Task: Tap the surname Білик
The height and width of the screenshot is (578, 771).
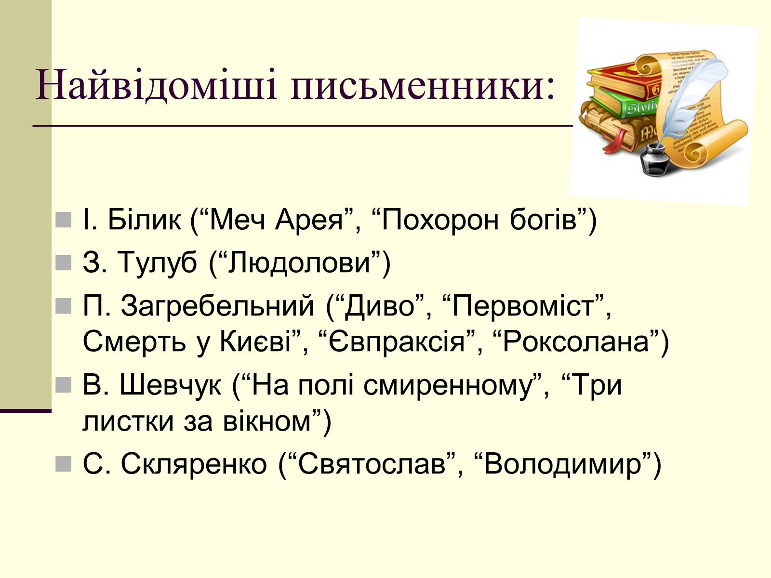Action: coord(144,220)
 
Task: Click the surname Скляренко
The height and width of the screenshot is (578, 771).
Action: coord(194,464)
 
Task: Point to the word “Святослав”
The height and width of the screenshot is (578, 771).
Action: coord(372,464)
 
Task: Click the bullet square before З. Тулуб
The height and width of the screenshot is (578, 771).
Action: coord(64,263)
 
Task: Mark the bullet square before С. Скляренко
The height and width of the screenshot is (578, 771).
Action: coord(64,464)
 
